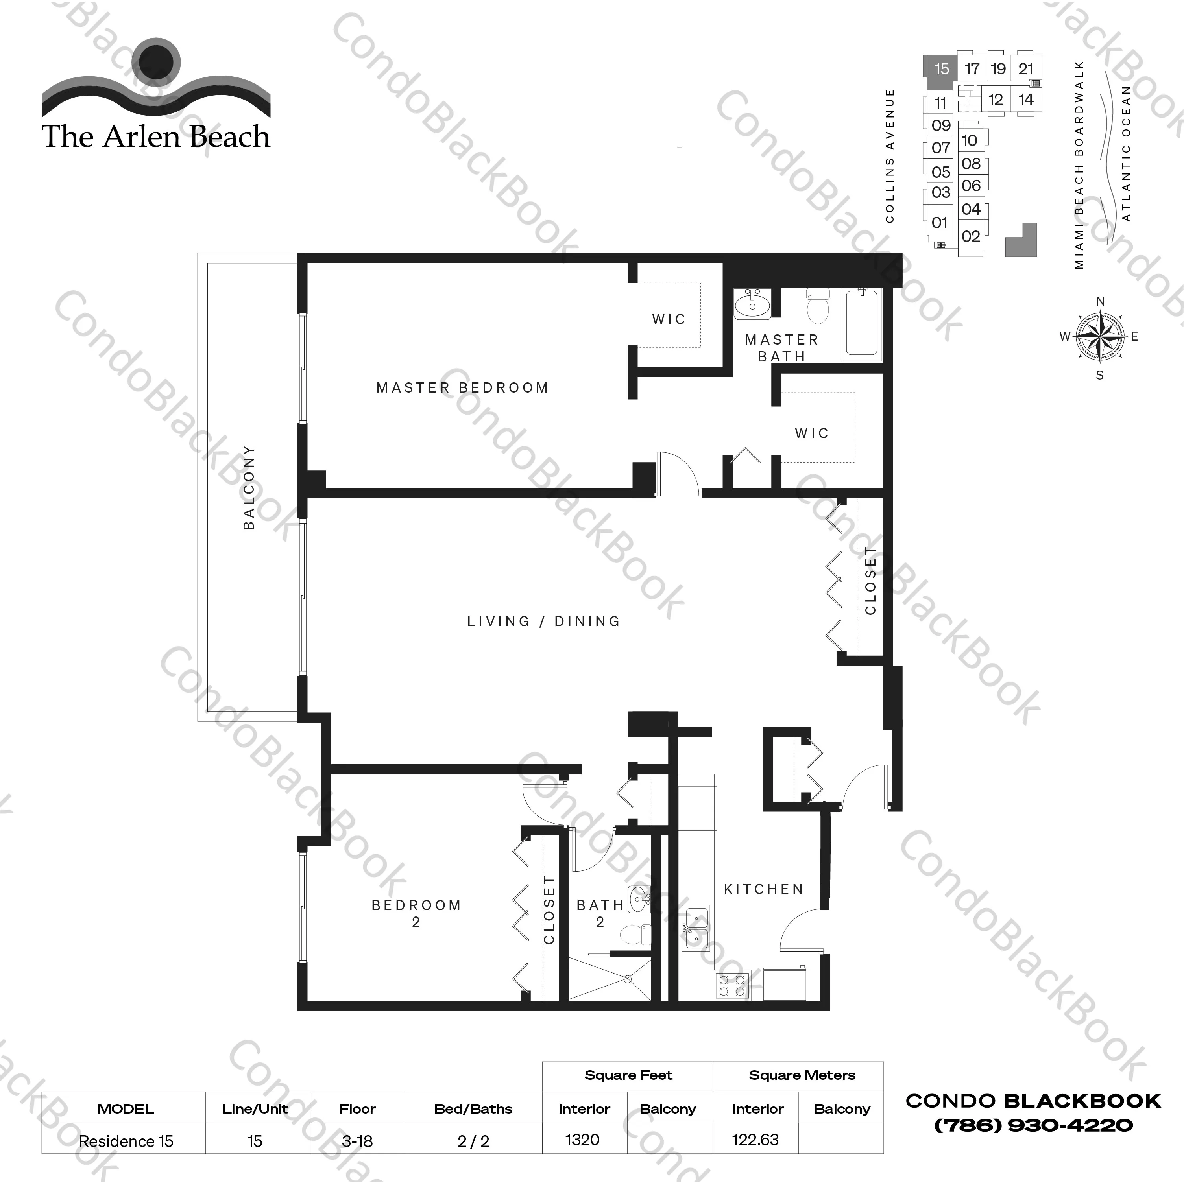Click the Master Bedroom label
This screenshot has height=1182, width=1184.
pyautogui.click(x=462, y=388)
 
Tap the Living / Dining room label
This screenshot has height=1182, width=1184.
pyautogui.click(x=543, y=621)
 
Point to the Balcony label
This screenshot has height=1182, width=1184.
pyautogui.click(x=249, y=487)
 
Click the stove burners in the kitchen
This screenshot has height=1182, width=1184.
pyautogui.click(x=732, y=985)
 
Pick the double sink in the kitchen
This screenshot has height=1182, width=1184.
pyautogui.click(x=696, y=927)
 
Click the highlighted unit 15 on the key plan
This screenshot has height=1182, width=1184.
pyautogui.click(x=941, y=68)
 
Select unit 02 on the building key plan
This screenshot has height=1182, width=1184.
pyautogui.click(x=971, y=236)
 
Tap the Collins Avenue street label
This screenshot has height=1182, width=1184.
pyautogui.click(x=890, y=156)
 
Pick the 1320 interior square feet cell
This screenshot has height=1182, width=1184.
pyautogui.click(x=583, y=1140)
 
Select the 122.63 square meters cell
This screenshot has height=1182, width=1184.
pyautogui.click(x=755, y=1140)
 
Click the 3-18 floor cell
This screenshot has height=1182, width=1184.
pyautogui.click(x=357, y=1141)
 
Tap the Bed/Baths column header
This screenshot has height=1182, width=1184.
pyautogui.click(x=473, y=1109)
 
